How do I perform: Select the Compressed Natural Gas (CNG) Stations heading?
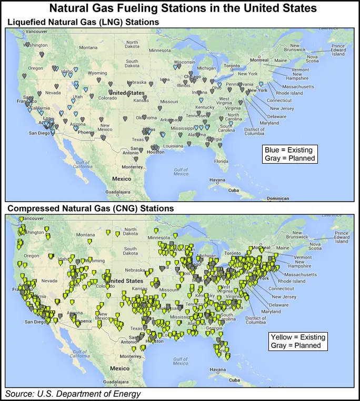click(89, 208)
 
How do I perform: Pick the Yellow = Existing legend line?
click(297, 337)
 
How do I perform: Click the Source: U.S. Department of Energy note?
click(73, 394)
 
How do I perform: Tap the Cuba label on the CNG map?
click(234, 377)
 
